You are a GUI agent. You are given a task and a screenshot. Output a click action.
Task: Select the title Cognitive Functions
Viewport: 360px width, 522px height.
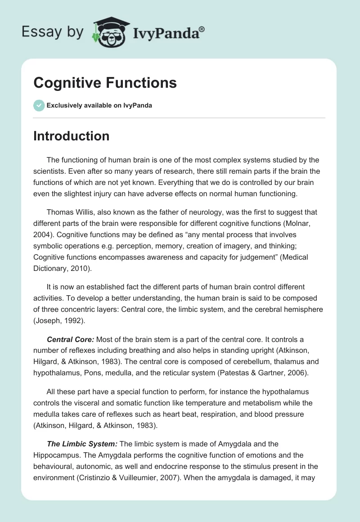click(105, 83)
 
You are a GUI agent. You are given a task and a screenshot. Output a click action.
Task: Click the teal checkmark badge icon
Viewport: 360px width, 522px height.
click(39, 105)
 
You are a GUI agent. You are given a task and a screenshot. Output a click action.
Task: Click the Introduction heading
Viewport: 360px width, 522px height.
click(71, 136)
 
